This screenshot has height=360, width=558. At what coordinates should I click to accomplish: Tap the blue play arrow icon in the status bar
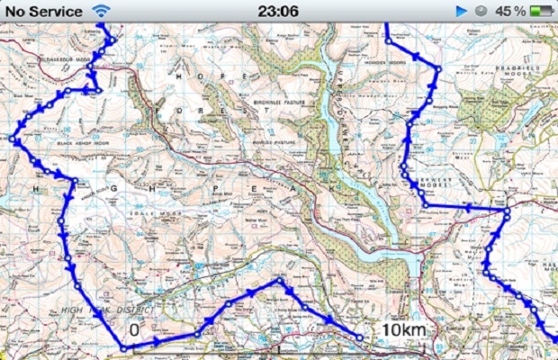[x=462, y=11]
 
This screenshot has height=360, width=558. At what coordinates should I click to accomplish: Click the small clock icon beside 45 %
[x=481, y=11]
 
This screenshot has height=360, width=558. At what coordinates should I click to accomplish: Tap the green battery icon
[x=542, y=11]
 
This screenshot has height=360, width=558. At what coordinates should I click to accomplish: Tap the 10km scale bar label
[x=401, y=330]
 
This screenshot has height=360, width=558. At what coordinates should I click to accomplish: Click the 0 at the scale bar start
[x=134, y=330]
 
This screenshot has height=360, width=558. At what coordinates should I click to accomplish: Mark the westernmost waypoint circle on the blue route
[x=13, y=139]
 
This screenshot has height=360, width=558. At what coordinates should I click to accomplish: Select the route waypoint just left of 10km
[x=360, y=337]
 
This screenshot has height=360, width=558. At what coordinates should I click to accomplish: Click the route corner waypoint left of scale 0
[x=122, y=348]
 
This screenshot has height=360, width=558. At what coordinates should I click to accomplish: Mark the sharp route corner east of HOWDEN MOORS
[x=438, y=68]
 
